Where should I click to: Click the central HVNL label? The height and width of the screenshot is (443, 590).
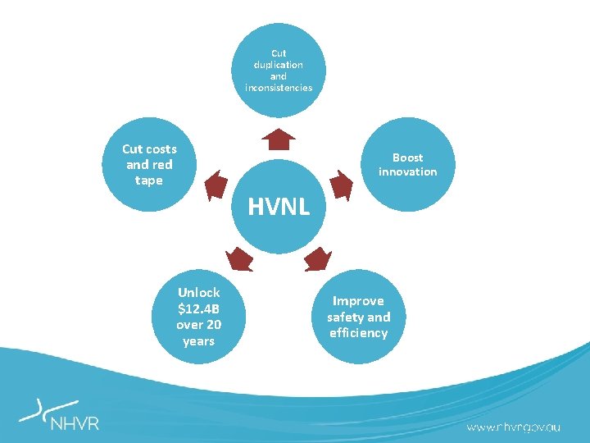279,207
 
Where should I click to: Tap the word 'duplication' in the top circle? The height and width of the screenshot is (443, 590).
279,64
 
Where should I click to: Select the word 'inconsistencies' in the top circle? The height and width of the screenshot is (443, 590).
279,87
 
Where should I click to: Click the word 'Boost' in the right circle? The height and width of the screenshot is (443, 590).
407,158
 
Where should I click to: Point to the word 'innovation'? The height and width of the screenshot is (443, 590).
407,171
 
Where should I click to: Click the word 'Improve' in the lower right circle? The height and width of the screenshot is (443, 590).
357,301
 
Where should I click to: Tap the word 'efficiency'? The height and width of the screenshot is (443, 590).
358,333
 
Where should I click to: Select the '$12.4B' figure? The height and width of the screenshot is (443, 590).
198,308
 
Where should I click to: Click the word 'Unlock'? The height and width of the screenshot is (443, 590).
198,293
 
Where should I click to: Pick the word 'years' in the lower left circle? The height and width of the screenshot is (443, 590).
198,340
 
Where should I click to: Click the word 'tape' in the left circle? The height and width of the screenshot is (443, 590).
149,180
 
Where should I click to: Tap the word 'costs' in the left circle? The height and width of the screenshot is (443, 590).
161,148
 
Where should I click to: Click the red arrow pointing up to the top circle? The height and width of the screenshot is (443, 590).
279,139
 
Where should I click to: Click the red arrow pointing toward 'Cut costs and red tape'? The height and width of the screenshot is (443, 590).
216,185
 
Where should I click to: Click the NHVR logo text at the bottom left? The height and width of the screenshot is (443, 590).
75,424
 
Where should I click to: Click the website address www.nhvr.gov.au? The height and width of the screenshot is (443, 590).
514,427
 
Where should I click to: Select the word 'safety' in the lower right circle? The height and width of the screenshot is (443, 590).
350,317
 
